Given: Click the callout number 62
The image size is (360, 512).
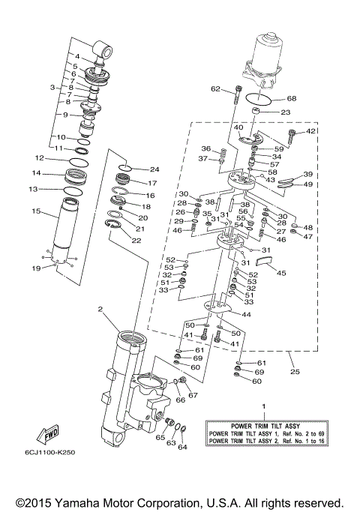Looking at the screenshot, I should pos(216,89).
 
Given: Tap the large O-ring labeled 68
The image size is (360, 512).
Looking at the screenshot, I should pos(257,98).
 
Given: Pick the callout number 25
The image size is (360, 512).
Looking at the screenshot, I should pos(293,370).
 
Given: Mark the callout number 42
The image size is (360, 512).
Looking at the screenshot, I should pos(311,131).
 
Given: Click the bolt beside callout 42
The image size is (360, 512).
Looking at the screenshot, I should pos(291,136).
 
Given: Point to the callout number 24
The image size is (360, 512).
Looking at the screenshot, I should pos(154,169).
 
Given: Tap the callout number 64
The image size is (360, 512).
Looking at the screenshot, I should pos(182,448).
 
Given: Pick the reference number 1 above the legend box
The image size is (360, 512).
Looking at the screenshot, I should pos(263,406).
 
